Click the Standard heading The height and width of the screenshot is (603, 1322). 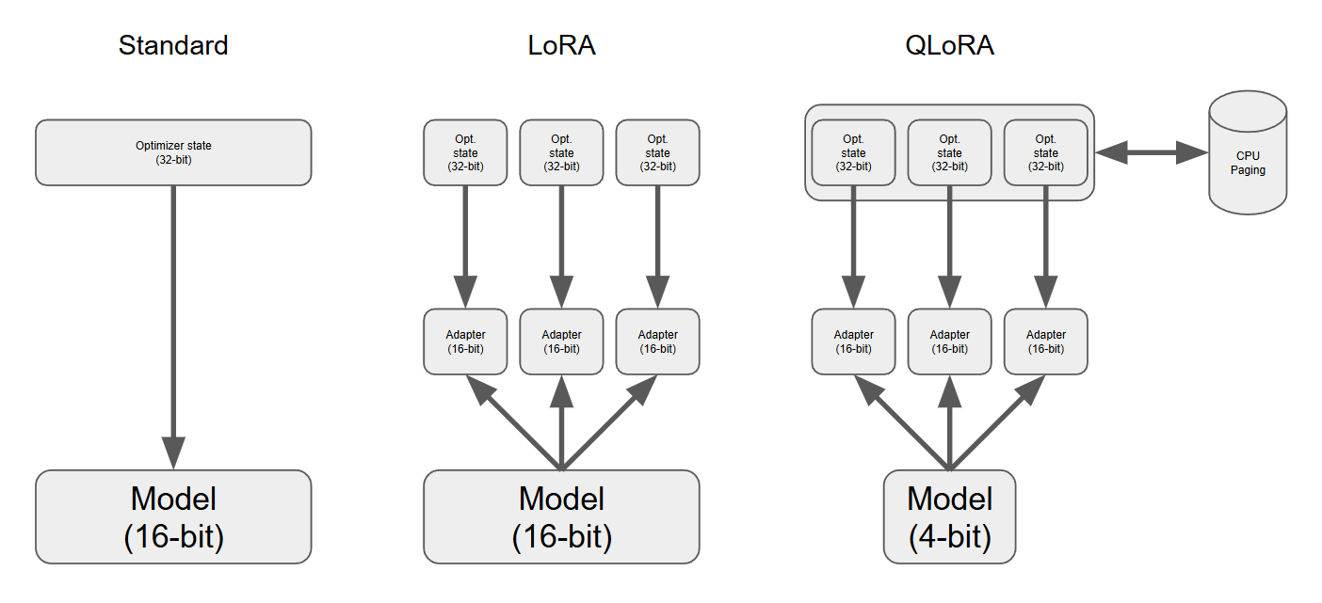click(173, 45)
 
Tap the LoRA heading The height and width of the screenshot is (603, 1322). click(561, 45)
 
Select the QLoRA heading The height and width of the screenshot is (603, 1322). click(949, 45)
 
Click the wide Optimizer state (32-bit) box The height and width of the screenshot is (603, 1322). click(173, 152)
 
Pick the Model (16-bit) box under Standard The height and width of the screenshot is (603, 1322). click(173, 516)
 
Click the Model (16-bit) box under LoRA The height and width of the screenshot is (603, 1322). click(561, 516)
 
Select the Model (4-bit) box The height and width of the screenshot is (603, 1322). click(949, 516)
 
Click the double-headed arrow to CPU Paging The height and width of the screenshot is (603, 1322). click(1151, 152)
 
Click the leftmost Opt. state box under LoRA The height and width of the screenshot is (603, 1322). click(465, 152)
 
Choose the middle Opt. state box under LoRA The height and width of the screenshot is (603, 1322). click(561, 152)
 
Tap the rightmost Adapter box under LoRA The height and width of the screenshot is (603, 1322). click(657, 341)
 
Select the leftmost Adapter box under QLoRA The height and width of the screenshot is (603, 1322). click(853, 341)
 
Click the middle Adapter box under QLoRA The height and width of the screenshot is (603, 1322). click(949, 341)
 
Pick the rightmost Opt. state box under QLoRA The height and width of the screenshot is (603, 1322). click(1045, 152)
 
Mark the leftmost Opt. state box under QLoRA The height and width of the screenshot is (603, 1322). click(853, 152)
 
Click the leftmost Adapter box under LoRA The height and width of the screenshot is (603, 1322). click(465, 341)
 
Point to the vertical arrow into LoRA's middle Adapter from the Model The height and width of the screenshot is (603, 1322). click(561, 423)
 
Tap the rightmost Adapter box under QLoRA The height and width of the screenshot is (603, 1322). click(1045, 341)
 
